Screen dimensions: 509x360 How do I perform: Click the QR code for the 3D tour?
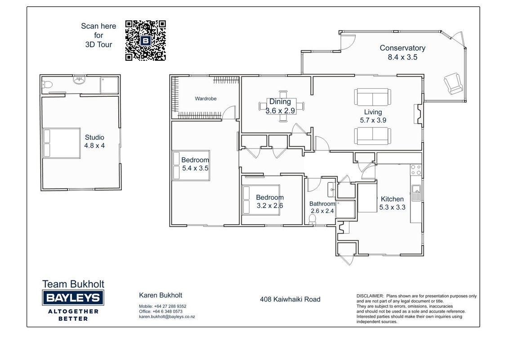(x=145, y=40)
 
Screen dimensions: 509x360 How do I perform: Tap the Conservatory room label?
(x=402, y=48)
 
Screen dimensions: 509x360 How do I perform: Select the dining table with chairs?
(x=281, y=106)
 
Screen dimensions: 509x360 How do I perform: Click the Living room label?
(x=373, y=112)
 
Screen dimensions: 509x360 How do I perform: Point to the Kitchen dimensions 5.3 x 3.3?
(x=392, y=207)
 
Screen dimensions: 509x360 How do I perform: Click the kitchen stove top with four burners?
(x=416, y=170)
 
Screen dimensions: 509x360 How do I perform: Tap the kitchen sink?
(x=416, y=193)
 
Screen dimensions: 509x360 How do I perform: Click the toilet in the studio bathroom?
(x=47, y=85)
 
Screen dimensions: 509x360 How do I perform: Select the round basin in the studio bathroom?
(x=79, y=80)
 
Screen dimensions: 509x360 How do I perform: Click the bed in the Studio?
(x=61, y=143)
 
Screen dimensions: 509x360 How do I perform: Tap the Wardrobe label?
(x=205, y=99)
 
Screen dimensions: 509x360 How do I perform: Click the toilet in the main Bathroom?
(x=312, y=220)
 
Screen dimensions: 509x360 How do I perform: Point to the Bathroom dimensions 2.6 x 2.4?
(x=322, y=211)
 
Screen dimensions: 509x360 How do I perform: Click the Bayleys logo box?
(x=73, y=298)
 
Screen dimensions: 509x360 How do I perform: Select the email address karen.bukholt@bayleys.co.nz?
(x=167, y=316)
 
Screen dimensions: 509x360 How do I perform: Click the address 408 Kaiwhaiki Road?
(x=290, y=299)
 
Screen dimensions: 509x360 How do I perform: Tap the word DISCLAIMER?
(x=370, y=296)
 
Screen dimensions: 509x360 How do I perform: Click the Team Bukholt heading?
(x=73, y=284)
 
